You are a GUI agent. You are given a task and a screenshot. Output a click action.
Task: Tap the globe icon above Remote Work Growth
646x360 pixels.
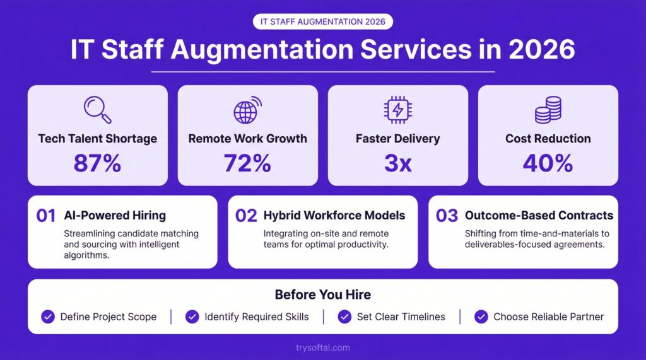(247, 110)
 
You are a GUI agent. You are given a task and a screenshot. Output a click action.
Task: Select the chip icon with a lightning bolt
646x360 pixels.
(397, 110)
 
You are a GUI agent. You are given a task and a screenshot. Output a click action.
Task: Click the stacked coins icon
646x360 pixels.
(548, 110)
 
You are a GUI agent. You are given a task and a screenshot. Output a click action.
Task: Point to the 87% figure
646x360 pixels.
(97, 163)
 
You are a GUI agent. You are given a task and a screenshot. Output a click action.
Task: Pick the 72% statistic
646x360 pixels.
(247, 163)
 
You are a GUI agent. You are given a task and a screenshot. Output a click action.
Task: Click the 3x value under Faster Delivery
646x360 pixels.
(397, 163)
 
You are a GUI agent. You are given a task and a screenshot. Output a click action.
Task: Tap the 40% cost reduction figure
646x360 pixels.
(548, 163)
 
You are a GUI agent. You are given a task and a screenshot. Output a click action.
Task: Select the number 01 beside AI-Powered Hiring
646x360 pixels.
(45, 216)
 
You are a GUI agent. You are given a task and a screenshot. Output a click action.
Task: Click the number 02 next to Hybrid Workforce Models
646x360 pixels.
(246, 216)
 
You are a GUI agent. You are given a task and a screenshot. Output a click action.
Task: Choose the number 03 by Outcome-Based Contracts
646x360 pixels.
(447, 216)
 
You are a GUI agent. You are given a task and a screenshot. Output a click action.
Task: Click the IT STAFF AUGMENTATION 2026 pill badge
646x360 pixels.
(322, 21)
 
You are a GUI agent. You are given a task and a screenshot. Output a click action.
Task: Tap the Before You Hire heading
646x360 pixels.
(322, 294)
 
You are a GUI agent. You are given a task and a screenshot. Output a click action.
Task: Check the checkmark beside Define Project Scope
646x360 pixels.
(48, 316)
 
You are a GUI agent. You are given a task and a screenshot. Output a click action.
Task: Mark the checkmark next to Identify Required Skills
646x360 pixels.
(192, 316)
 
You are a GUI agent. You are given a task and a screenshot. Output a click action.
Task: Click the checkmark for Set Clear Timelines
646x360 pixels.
(344, 316)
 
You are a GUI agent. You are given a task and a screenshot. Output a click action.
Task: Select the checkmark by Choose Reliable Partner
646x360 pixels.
(481, 316)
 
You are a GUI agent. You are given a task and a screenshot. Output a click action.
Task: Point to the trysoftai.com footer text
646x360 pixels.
(322, 347)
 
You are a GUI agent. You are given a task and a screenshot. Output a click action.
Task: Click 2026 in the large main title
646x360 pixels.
(542, 49)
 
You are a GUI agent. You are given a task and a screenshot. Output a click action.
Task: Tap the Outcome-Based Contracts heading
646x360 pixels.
(539, 216)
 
